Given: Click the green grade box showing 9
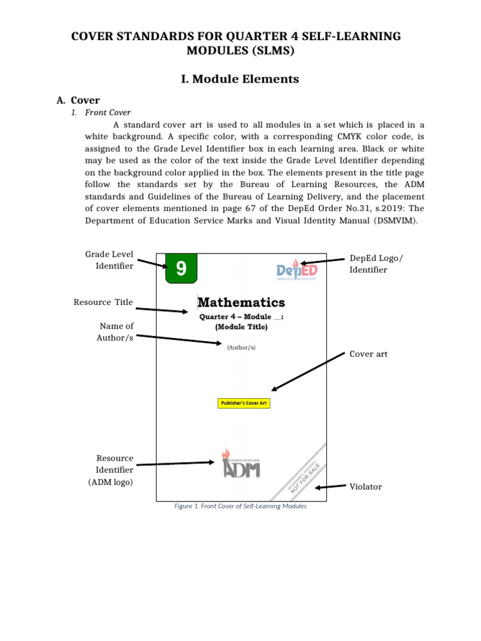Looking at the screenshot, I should point(181,269).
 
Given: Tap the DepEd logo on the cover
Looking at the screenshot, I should point(297,270).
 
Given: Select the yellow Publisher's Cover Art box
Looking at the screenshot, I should point(244,403).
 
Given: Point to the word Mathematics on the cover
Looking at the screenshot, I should point(241,303).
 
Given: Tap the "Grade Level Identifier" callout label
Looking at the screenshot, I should point(109,260).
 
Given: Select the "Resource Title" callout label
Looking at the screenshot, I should point(103,302).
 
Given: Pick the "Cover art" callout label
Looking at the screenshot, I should point(368,354).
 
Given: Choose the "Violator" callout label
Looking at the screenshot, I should point(366,486).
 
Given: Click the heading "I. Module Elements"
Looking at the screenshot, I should point(240,79).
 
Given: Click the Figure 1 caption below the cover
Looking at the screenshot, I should point(240,506).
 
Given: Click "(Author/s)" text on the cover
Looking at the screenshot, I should point(241,347).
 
